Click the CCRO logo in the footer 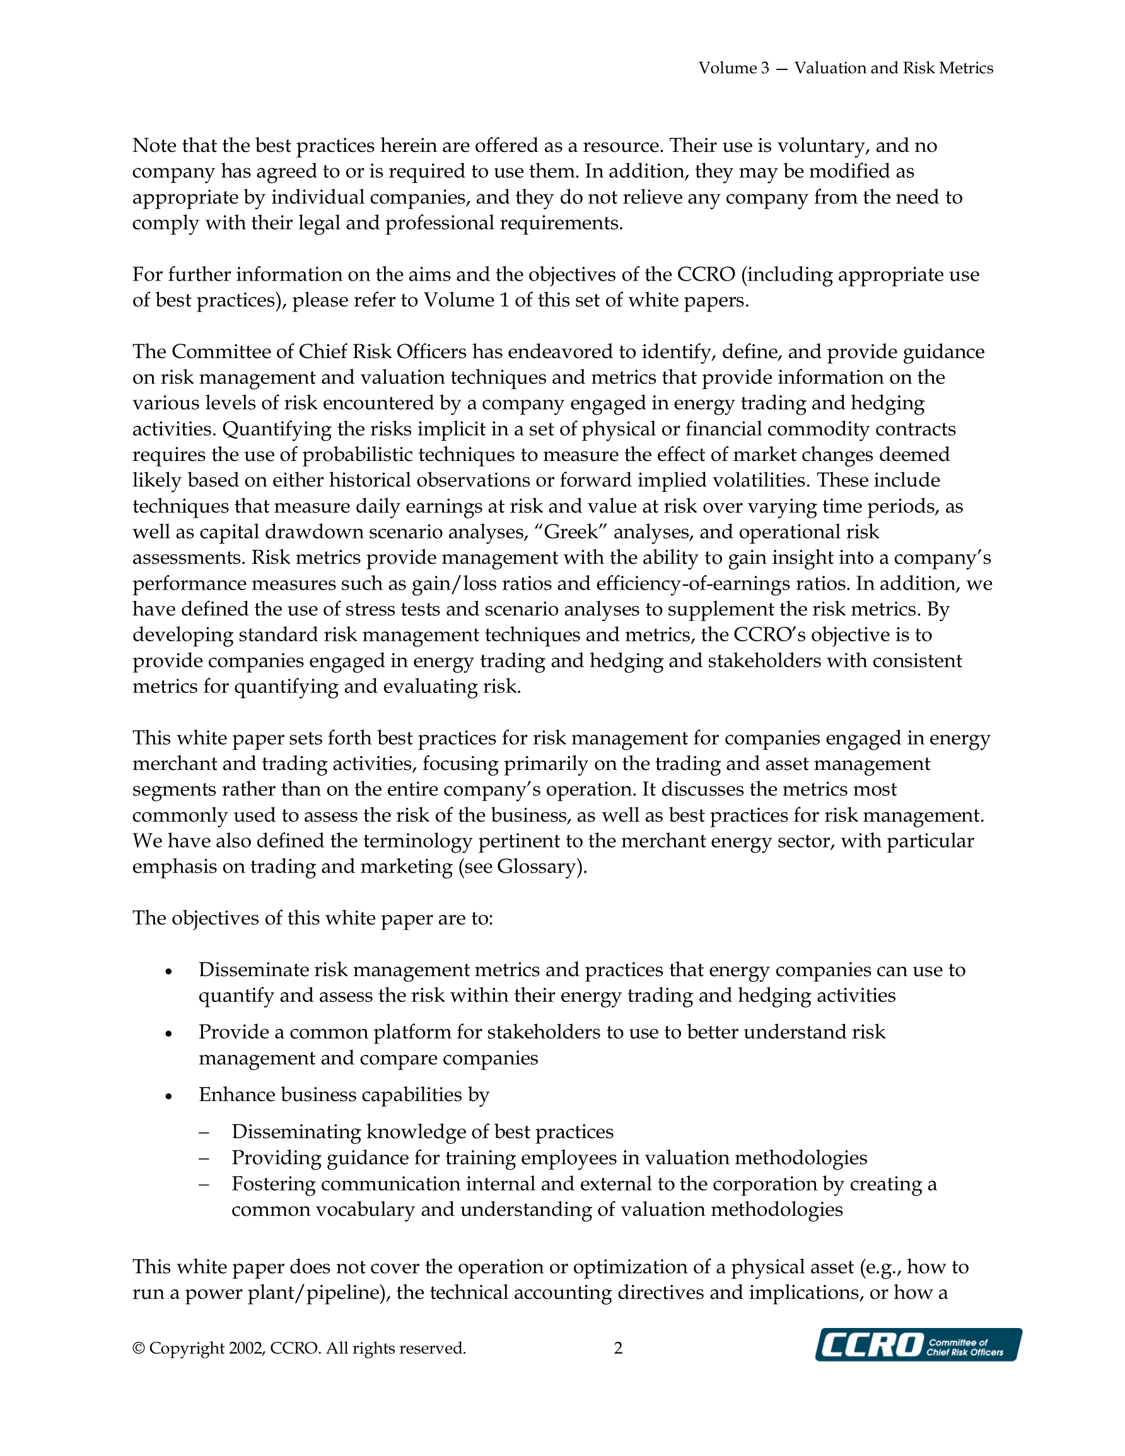[918, 1344]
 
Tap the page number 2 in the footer [618, 1348]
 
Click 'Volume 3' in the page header [733, 68]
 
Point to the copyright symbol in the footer [139, 1349]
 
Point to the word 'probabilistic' [348, 455]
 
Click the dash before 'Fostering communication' [204, 1184]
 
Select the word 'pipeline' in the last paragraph [344, 1293]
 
